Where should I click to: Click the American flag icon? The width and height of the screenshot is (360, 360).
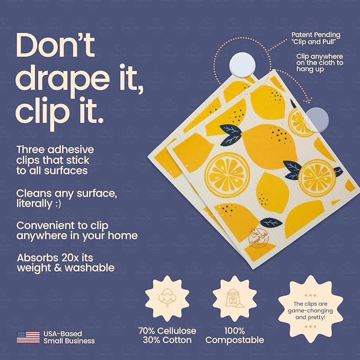pyautogui.click(x=28, y=337)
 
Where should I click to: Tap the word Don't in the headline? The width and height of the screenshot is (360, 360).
pyautogui.click(x=55, y=45)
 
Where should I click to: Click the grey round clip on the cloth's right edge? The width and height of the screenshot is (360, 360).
pyautogui.click(x=318, y=120)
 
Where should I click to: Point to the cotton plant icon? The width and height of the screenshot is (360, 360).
pyautogui.click(x=167, y=298)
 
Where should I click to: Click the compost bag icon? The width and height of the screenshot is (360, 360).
pyautogui.click(x=234, y=298)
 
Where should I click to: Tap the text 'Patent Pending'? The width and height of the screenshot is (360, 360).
pyautogui.click(x=315, y=35)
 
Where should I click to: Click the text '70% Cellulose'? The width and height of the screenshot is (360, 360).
pyautogui.click(x=167, y=331)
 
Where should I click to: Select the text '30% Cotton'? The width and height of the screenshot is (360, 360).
pyautogui.click(x=167, y=340)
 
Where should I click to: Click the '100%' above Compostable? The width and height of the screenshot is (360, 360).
pyautogui.click(x=234, y=331)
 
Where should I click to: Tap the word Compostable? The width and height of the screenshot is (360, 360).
pyautogui.click(x=235, y=340)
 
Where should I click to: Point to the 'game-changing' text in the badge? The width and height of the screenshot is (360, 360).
pyautogui.click(x=310, y=311)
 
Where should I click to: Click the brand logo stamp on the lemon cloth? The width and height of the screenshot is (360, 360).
pyautogui.click(x=259, y=237)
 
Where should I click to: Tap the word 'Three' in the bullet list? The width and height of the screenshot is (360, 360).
pyautogui.click(x=31, y=150)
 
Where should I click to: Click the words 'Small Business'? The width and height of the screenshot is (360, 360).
pyautogui.click(x=69, y=341)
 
